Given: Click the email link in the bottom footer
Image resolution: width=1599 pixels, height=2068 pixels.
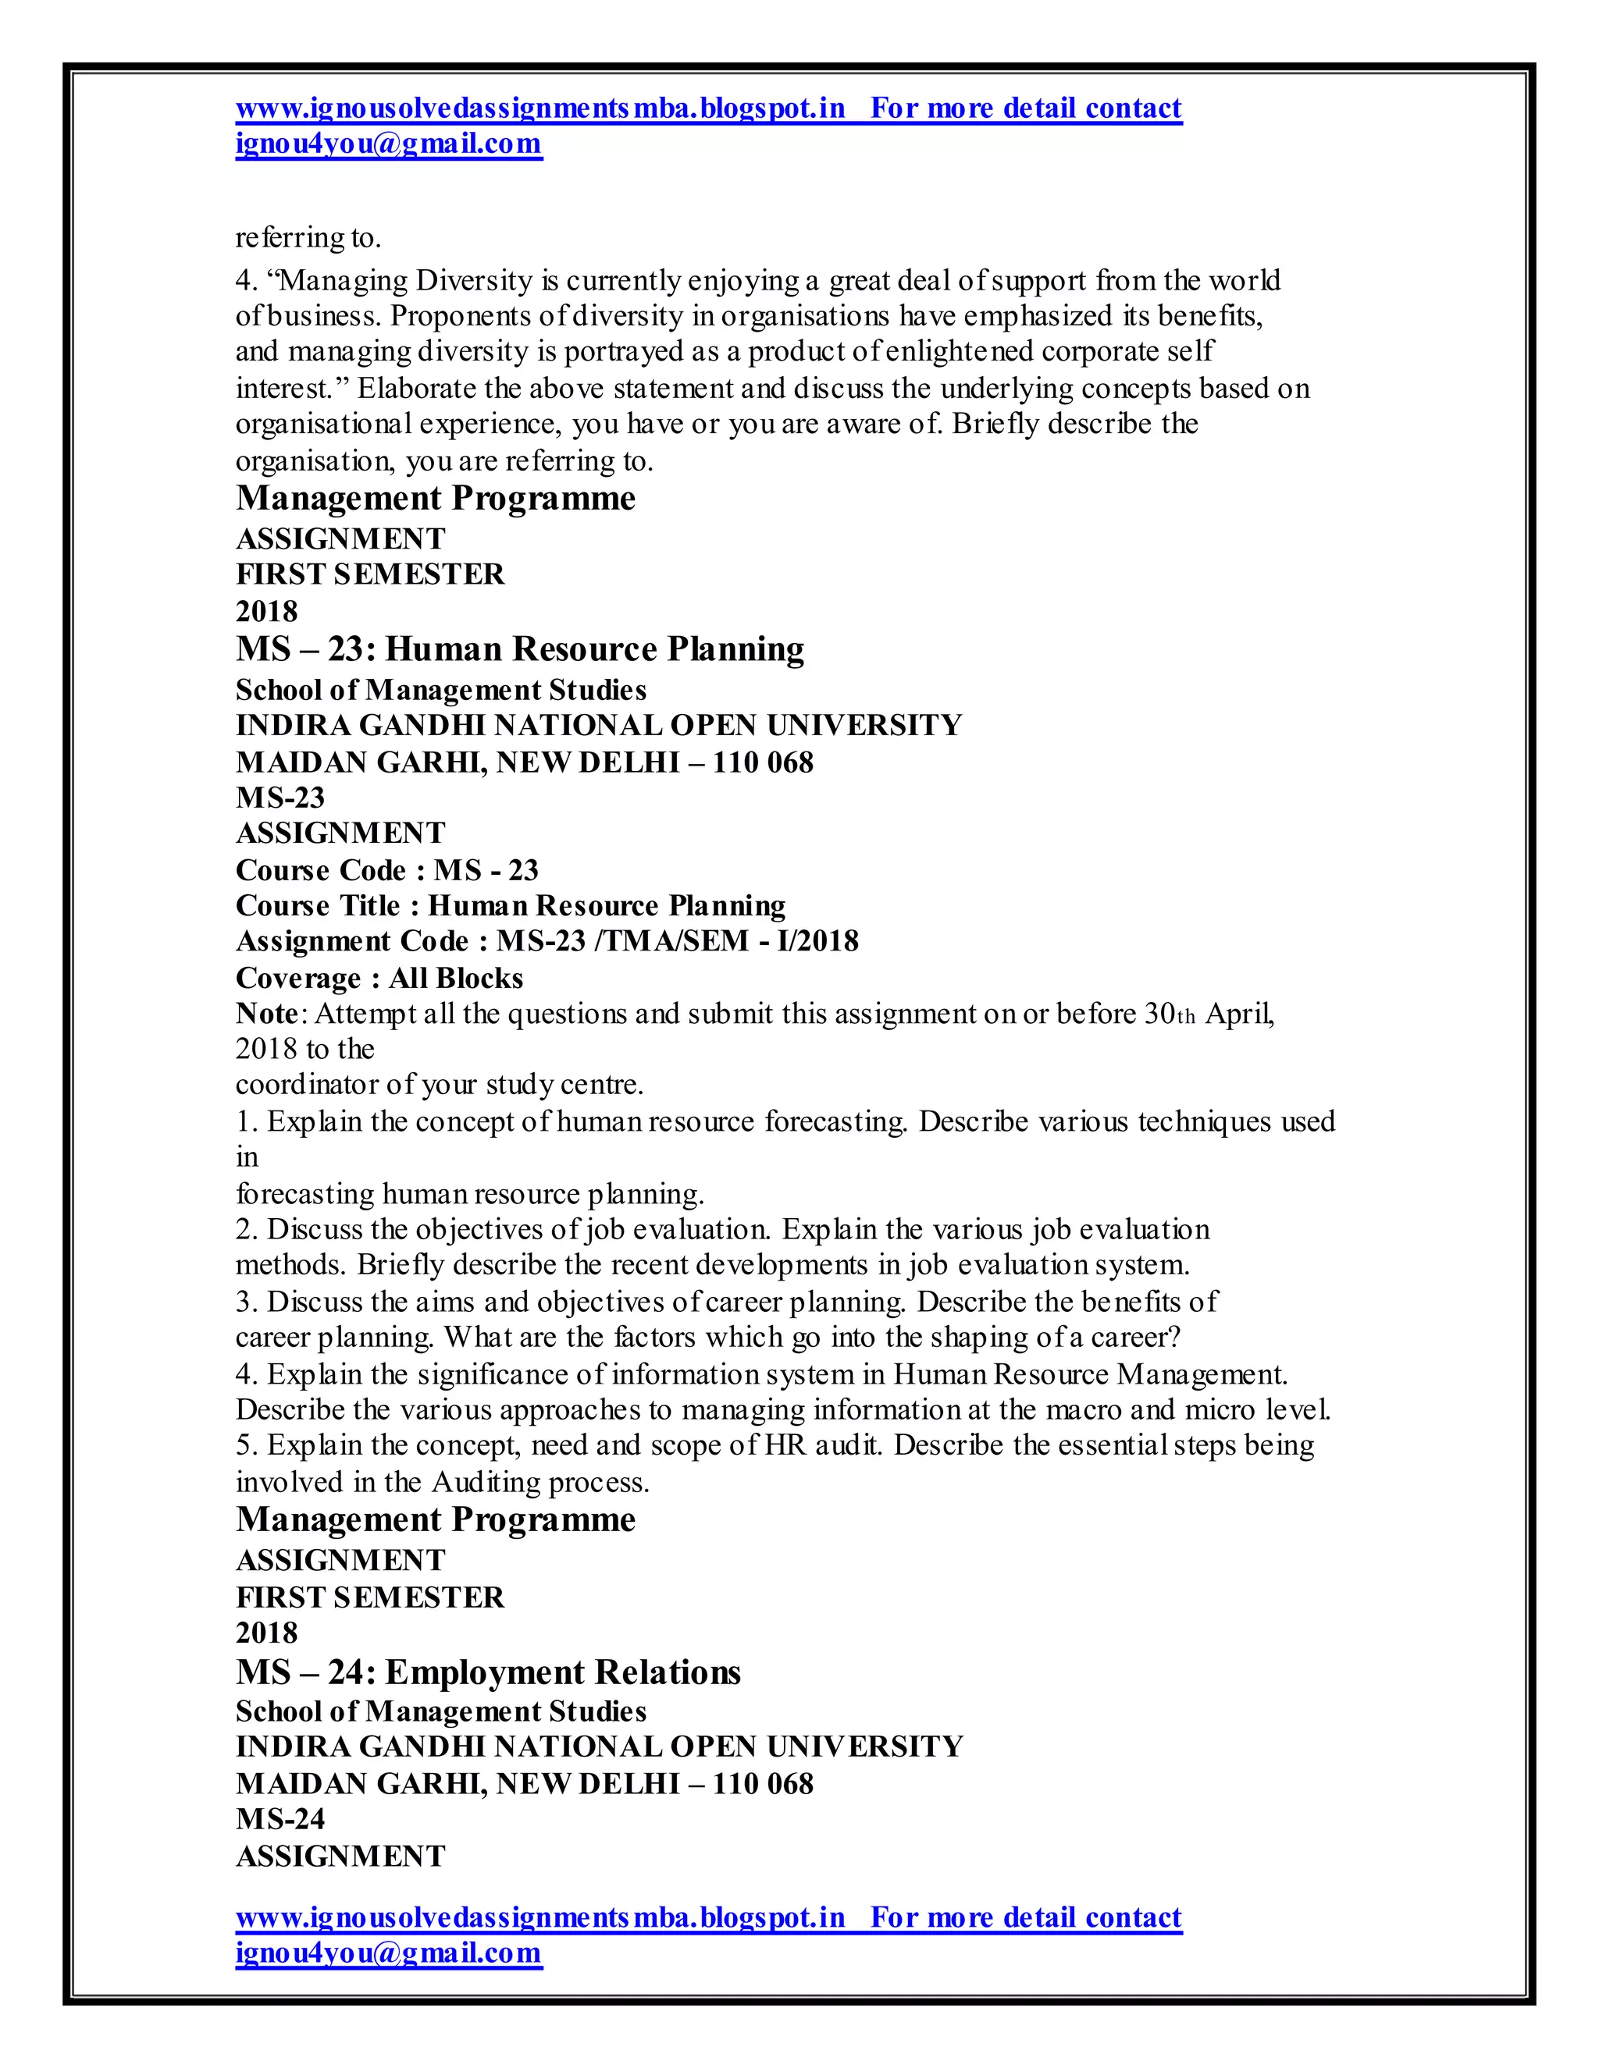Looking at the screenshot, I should click(388, 1953).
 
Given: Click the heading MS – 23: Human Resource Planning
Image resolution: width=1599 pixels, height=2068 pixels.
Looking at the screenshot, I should click(519, 649).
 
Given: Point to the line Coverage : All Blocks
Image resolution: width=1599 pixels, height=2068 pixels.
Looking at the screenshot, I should click(379, 977).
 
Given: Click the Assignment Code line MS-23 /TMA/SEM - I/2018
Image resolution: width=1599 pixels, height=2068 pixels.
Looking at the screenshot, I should click(547, 941).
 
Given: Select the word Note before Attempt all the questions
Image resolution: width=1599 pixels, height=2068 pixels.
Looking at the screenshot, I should click(267, 1014).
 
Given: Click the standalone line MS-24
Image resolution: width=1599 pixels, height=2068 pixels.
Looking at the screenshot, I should click(280, 1819).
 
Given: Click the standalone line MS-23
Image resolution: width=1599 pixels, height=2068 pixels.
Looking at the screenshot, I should click(280, 798).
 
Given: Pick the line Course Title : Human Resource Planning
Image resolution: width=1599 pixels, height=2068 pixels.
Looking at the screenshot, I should click(511, 906).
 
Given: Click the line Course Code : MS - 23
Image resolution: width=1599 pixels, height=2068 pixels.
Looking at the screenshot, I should click(386, 870).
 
